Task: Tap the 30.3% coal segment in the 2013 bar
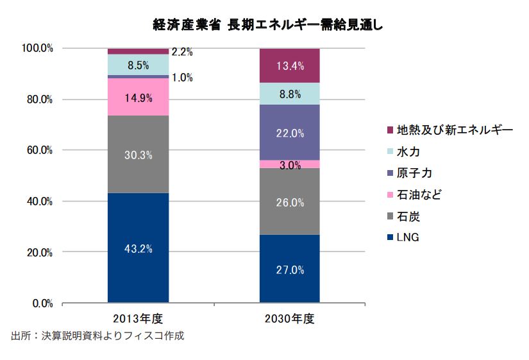138,155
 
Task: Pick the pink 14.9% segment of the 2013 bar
138,97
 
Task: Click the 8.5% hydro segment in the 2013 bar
138,65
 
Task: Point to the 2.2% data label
183,52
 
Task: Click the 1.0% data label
182,78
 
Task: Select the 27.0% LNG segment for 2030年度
289,270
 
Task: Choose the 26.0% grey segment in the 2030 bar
289,201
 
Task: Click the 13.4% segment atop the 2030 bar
289,65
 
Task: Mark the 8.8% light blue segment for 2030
289,93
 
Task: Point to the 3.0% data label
290,165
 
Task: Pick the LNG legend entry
407,237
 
